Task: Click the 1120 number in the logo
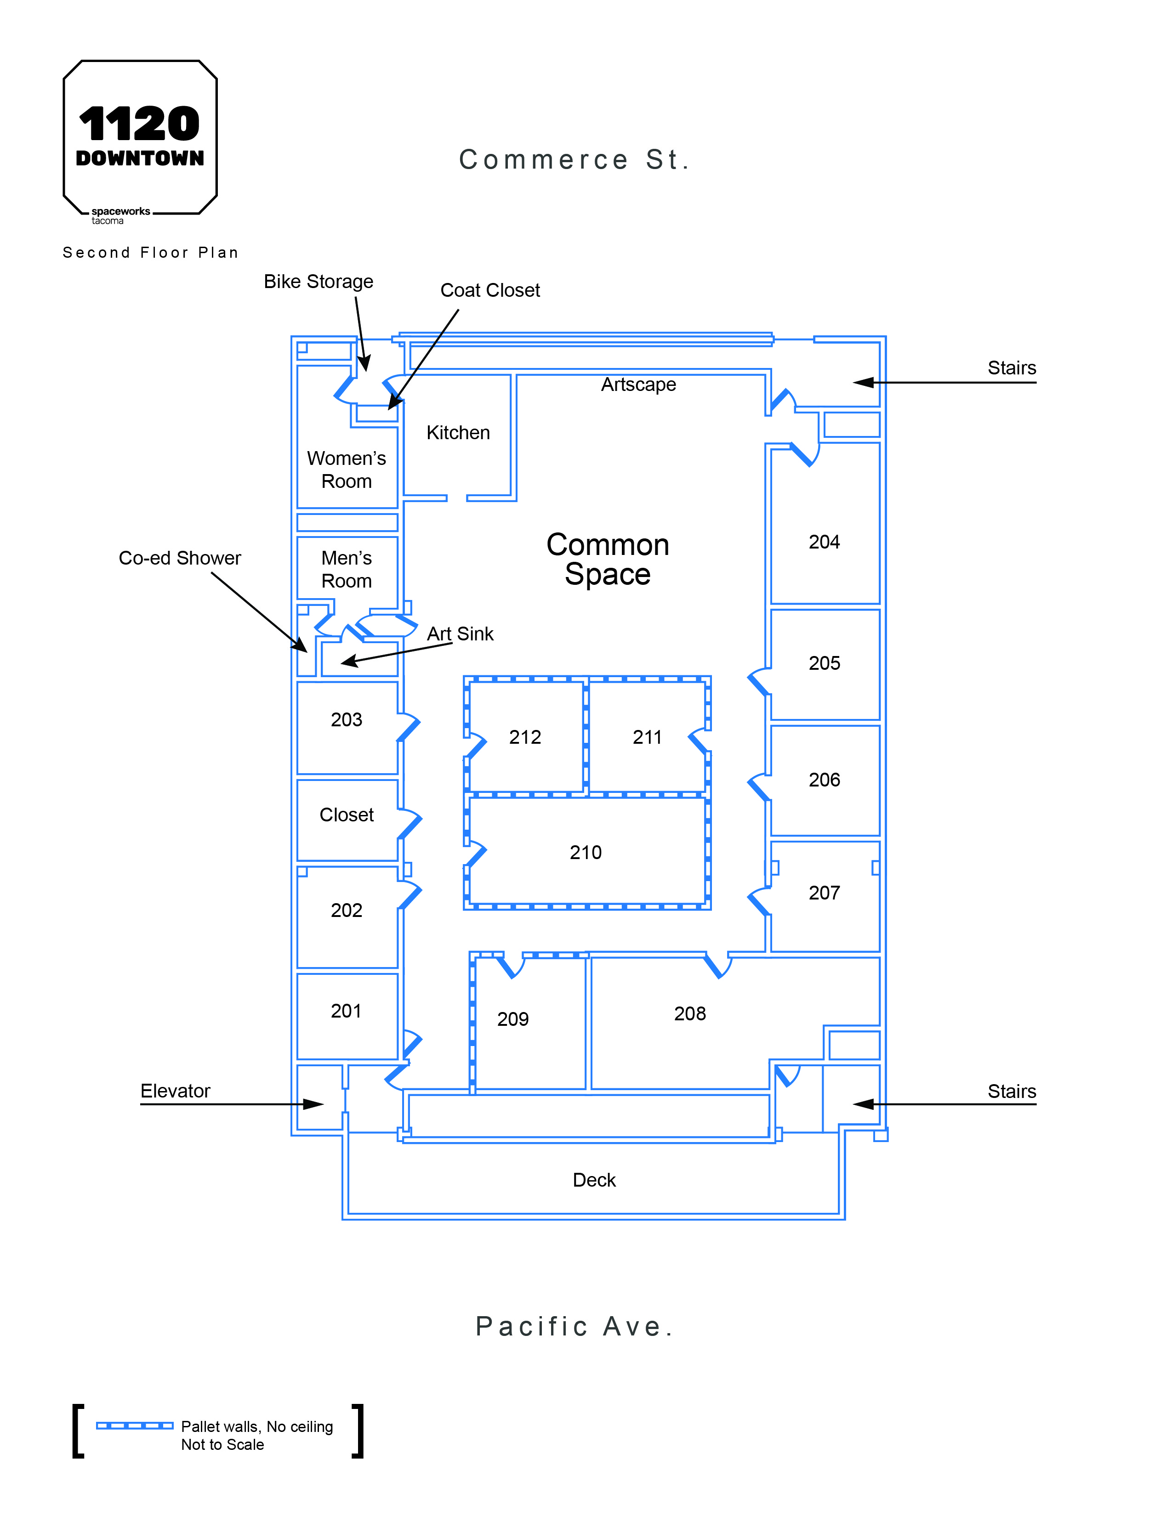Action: pyautogui.click(x=140, y=124)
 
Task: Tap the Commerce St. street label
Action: pyautogui.click(x=574, y=160)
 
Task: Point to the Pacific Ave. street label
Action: pyautogui.click(x=574, y=1327)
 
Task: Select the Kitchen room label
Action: pyautogui.click(x=458, y=432)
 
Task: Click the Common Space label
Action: pyautogui.click(x=608, y=560)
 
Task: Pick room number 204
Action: pyautogui.click(x=824, y=542)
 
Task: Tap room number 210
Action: pyautogui.click(x=585, y=852)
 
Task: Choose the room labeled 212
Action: pyautogui.click(x=525, y=737)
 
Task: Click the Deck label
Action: pyautogui.click(x=594, y=1180)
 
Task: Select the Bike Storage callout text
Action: pyautogui.click(x=318, y=282)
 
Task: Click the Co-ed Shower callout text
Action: pyautogui.click(x=180, y=558)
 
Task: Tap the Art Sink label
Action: pyautogui.click(x=461, y=634)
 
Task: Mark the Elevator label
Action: pyautogui.click(x=175, y=1091)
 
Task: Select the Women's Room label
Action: pyautogui.click(x=347, y=470)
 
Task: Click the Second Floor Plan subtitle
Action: pyautogui.click(x=151, y=253)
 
